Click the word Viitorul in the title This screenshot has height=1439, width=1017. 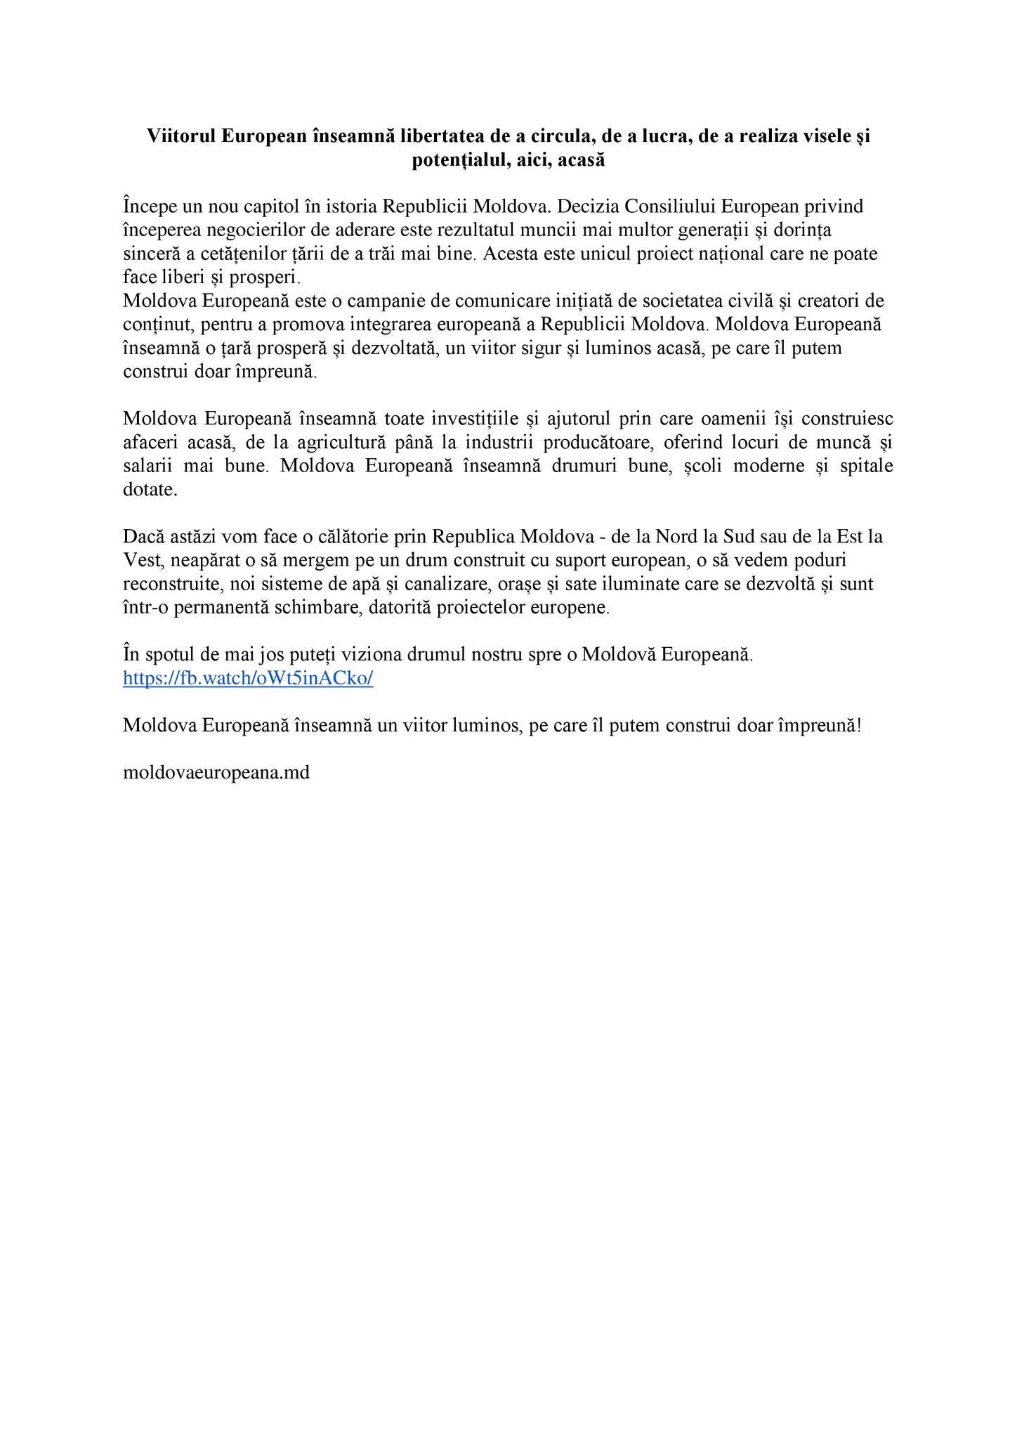[181, 136]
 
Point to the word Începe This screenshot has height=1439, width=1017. [151, 207]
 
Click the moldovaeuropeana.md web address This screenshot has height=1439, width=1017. [216, 773]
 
